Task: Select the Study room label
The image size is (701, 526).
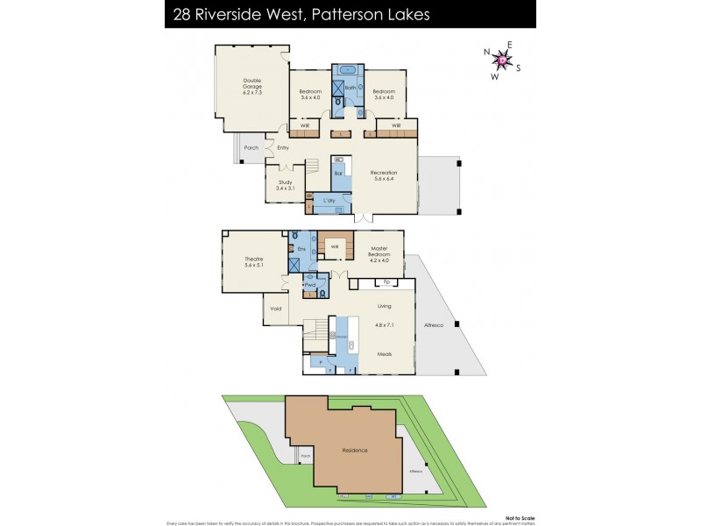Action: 286,185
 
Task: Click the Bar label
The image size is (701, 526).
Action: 338,174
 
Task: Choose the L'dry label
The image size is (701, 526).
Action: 329,202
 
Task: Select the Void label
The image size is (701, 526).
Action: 276,309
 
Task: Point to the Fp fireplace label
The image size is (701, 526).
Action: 386,282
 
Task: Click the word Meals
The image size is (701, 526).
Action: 384,354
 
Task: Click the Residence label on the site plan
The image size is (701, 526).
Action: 354,450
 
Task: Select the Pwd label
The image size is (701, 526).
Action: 309,284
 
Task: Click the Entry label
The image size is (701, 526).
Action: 283,147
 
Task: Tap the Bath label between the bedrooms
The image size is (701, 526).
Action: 350,89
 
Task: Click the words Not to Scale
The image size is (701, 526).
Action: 519,515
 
